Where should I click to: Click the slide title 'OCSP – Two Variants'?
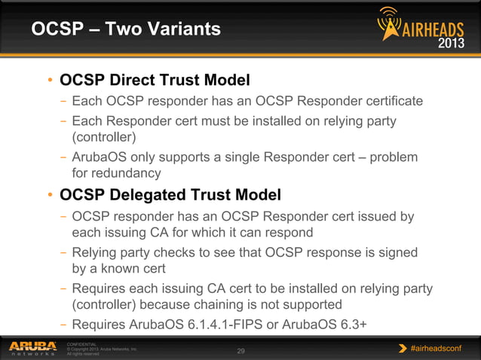click(x=126, y=29)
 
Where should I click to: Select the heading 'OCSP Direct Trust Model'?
click(x=155, y=80)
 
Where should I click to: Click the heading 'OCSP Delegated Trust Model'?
click(x=170, y=195)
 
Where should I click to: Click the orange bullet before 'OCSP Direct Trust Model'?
click(x=50, y=81)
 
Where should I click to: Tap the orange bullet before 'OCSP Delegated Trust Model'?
click(x=50, y=196)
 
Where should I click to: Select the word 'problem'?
click(x=391, y=157)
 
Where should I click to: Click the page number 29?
click(x=241, y=351)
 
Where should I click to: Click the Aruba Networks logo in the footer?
click(x=32, y=348)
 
